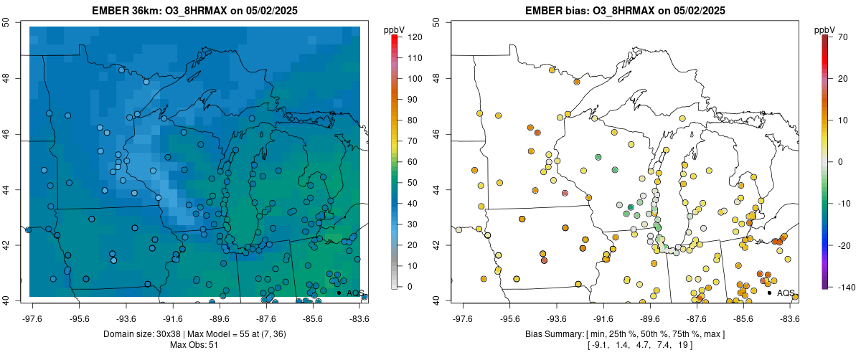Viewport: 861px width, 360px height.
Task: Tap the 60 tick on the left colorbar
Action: coord(413,161)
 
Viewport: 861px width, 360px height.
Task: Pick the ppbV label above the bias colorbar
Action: coord(824,29)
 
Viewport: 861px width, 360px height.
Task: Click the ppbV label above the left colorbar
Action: coord(394,29)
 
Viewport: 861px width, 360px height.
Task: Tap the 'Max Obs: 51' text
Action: coord(194,346)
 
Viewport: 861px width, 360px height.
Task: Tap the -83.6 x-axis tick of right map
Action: coord(790,318)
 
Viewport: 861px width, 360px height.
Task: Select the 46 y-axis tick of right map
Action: coord(438,133)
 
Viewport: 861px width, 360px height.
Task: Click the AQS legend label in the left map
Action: coord(355,293)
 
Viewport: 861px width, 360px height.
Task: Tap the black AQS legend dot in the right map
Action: coord(768,293)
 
